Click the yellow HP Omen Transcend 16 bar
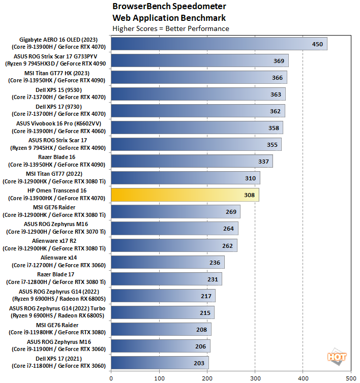(185, 195)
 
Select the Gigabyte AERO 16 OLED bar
(219, 44)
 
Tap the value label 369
(279, 61)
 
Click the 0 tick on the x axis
(111, 378)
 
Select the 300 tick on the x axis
(255, 378)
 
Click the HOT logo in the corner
(337, 358)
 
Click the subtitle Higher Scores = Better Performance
(171, 28)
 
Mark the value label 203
(199, 363)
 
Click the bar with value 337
(192, 161)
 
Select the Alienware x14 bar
(167, 262)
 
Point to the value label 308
(249, 195)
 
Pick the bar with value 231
(166, 278)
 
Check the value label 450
(317, 44)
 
